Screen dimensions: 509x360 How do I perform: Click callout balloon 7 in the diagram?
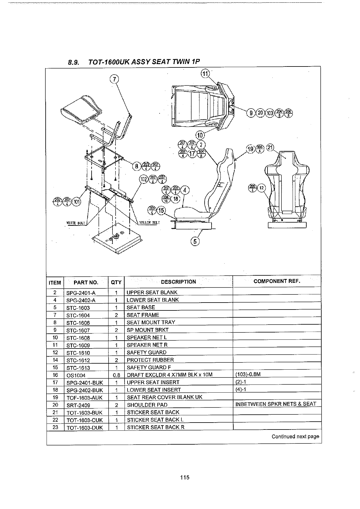coord(114,79)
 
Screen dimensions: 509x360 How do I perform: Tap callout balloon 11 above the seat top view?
coord(205,73)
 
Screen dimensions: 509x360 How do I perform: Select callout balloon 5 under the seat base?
coord(195,241)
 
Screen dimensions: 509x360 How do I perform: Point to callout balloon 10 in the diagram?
coord(200,135)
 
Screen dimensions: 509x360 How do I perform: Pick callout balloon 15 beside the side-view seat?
coord(161,210)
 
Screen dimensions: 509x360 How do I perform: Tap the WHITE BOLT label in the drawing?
coord(76,223)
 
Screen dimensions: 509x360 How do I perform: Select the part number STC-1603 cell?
coord(78,308)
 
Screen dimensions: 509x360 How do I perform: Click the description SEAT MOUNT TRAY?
coord(151,323)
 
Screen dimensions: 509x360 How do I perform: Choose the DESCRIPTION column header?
coord(178,282)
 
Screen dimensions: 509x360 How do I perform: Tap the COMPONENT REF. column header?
coord(277,281)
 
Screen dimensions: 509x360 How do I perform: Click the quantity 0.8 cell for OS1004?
coord(116,375)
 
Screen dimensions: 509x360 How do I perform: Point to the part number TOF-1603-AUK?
coord(84,397)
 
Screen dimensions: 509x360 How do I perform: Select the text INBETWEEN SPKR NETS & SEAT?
coord(276,404)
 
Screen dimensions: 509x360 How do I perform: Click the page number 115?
coord(184,478)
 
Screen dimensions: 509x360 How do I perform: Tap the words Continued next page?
coord(295,436)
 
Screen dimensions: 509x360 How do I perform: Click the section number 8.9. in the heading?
coord(73,63)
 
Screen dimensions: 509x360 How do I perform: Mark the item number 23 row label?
coord(55,427)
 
